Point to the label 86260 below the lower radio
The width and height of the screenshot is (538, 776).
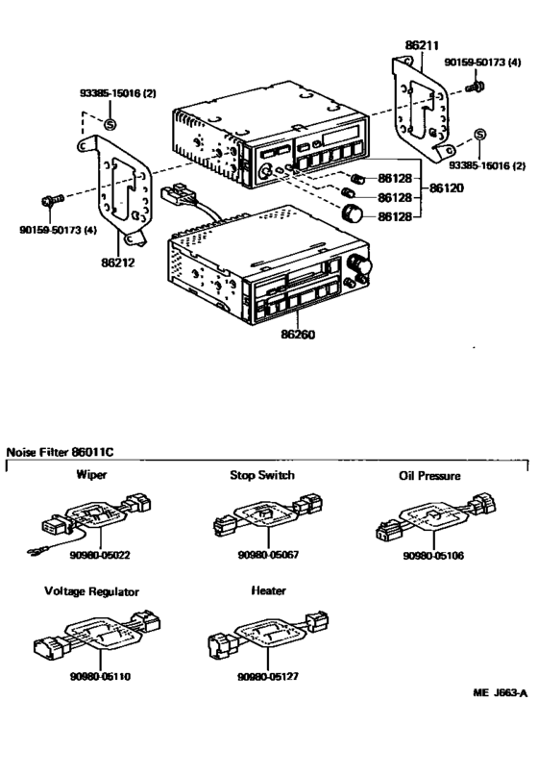300,337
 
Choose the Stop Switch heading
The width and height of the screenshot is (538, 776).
262,475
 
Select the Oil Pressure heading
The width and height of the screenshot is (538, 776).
429,475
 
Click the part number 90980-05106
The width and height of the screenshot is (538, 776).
432,555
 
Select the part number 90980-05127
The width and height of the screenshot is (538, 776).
266,676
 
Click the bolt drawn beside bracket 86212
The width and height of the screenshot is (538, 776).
50,201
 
